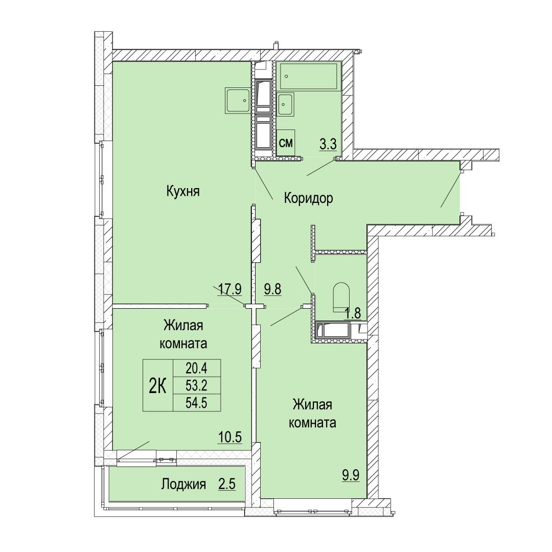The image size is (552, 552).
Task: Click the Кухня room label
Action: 182,192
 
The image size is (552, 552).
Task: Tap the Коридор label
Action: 308,198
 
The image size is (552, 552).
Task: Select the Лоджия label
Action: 183,485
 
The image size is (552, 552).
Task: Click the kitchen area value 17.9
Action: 229,289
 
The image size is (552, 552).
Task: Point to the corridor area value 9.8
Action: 273,289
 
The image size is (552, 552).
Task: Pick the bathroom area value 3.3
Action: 328,144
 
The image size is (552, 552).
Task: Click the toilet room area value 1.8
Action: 353,313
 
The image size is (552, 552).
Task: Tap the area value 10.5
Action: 230,437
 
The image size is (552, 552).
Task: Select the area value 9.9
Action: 351,475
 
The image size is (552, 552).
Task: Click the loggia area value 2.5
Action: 227,485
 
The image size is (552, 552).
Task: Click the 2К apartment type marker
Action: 158,386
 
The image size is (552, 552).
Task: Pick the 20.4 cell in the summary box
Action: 196,369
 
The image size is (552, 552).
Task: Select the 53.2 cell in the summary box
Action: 196,386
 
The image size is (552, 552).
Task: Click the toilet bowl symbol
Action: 341,297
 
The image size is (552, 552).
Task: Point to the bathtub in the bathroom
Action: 309,76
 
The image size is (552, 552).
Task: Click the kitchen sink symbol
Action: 238,101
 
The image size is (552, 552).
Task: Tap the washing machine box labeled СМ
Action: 286,143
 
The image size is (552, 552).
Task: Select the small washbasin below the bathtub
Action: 285,104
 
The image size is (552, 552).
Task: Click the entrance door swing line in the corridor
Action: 450,190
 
